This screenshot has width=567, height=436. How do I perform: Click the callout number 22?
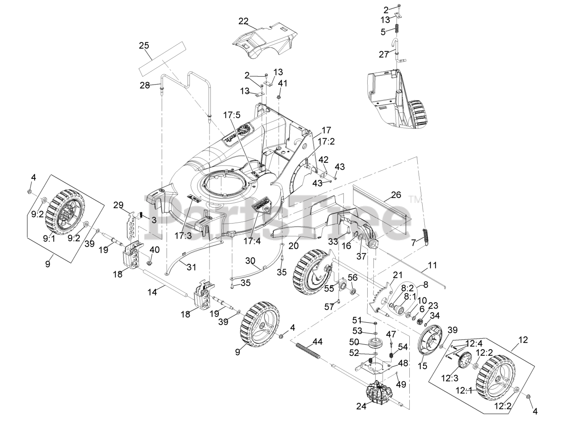(x=243, y=21)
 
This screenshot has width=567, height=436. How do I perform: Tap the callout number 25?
(x=144, y=45)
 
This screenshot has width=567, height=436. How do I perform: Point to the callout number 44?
(x=317, y=329)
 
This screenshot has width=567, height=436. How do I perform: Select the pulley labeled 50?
(x=375, y=344)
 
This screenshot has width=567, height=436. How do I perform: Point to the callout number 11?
(x=432, y=266)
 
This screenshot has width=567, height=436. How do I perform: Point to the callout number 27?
(x=384, y=54)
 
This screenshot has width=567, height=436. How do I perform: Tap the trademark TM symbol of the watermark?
(x=416, y=199)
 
